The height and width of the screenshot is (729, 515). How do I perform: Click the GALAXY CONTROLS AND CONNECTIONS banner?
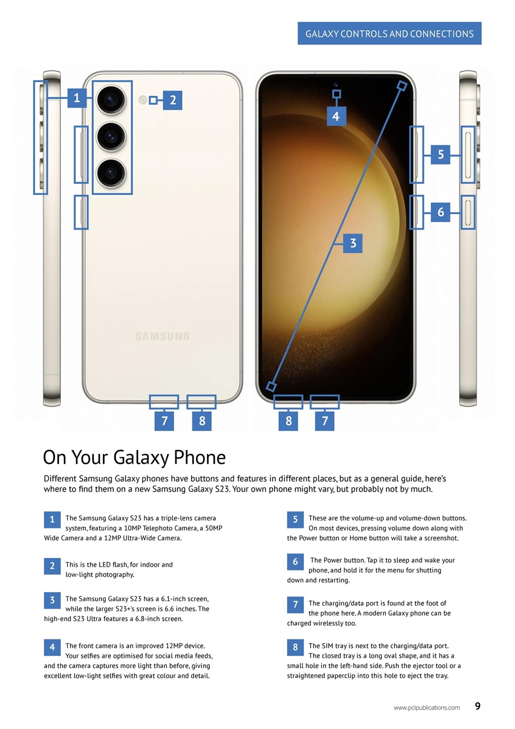click(389, 34)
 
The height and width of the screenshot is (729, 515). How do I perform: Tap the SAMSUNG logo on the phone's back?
click(162, 337)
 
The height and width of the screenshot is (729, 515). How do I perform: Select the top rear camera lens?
click(111, 101)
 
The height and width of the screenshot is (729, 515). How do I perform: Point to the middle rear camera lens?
click(111, 136)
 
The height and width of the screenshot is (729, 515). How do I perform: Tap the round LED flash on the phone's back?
click(143, 100)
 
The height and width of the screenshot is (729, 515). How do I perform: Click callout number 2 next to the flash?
click(172, 101)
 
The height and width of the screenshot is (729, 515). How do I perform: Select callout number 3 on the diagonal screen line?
click(353, 243)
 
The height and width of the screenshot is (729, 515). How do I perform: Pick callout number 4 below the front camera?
click(336, 116)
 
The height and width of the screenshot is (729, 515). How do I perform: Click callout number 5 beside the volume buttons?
click(440, 154)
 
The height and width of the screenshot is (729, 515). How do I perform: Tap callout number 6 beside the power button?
click(440, 212)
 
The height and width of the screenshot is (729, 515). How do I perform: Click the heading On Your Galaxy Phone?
click(134, 457)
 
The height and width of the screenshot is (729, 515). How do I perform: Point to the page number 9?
click(477, 706)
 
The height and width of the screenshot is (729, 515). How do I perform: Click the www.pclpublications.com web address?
click(426, 707)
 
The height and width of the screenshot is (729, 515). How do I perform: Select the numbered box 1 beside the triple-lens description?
click(52, 519)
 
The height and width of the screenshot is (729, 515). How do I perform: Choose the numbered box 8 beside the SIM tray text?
click(295, 647)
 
